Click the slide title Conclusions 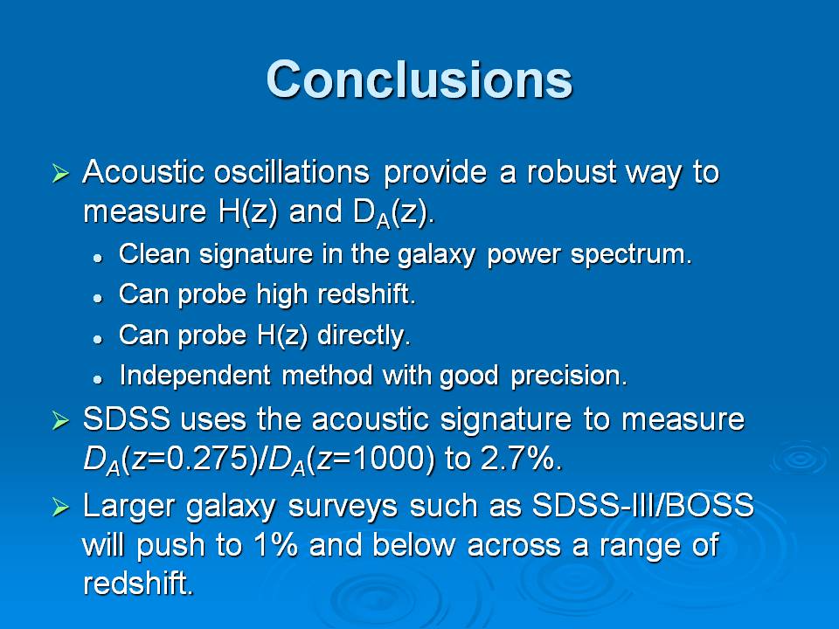(419, 79)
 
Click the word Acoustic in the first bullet (143, 172)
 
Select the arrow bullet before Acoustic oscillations (60, 173)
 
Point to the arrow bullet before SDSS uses (60, 421)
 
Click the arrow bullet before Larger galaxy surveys (60, 507)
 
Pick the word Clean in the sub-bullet (154, 253)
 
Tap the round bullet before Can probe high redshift (97, 298)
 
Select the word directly (364, 335)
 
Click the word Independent (195, 376)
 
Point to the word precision (569, 376)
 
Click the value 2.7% (522, 459)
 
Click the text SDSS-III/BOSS (642, 506)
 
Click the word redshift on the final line (138, 583)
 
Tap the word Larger (128, 507)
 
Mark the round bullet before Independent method (97, 379)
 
